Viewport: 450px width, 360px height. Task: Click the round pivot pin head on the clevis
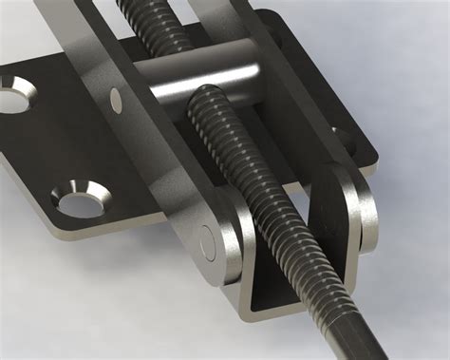(x=210, y=246)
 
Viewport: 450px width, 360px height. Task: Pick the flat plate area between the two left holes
(x=52, y=142)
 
